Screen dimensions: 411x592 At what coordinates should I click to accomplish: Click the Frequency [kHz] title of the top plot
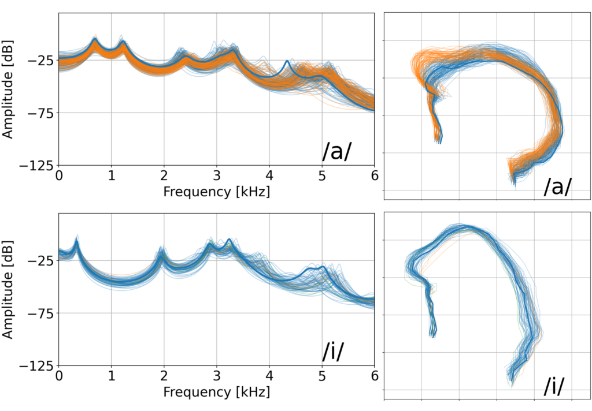(216, 191)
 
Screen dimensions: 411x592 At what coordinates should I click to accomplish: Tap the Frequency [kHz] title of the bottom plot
(216, 392)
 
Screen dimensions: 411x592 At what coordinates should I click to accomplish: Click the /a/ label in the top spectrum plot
(337, 152)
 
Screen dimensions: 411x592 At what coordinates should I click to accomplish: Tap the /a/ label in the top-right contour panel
(558, 186)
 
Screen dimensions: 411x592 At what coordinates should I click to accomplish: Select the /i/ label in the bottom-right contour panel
(554, 386)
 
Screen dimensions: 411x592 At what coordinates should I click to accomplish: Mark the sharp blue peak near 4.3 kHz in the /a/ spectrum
(287, 61)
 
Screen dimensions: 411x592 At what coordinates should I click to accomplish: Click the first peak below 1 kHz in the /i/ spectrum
(77, 238)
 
